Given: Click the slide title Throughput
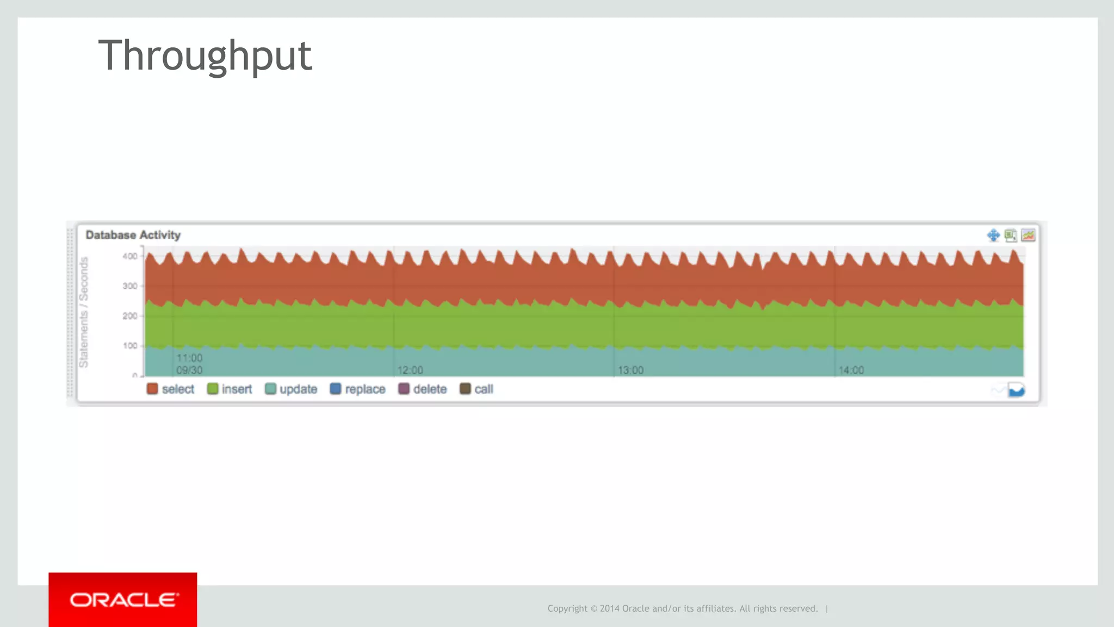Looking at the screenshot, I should point(205,56).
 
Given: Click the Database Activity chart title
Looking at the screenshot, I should point(133,235).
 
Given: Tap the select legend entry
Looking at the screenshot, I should point(170,389).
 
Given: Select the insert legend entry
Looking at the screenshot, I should point(230,389).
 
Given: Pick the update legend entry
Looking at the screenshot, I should point(291,389).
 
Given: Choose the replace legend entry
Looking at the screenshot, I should point(357,389).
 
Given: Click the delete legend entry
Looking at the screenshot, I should point(423,389).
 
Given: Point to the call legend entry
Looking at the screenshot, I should point(476,389).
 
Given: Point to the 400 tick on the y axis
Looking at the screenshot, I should point(130,256).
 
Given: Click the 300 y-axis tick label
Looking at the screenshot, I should point(130,286).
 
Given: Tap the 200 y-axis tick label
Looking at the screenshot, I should point(130,316).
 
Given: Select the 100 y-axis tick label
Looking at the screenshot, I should point(130,346).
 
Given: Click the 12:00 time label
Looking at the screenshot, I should point(410,370).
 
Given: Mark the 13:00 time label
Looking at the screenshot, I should point(630,370).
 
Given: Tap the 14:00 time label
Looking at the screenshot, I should point(851,370).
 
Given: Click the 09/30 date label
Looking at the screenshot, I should point(189,370).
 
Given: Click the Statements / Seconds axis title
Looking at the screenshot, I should point(84,312).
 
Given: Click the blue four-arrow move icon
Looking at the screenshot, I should point(993,235).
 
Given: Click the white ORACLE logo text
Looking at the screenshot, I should point(123,600).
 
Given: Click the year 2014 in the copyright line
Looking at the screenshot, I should point(610,609).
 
